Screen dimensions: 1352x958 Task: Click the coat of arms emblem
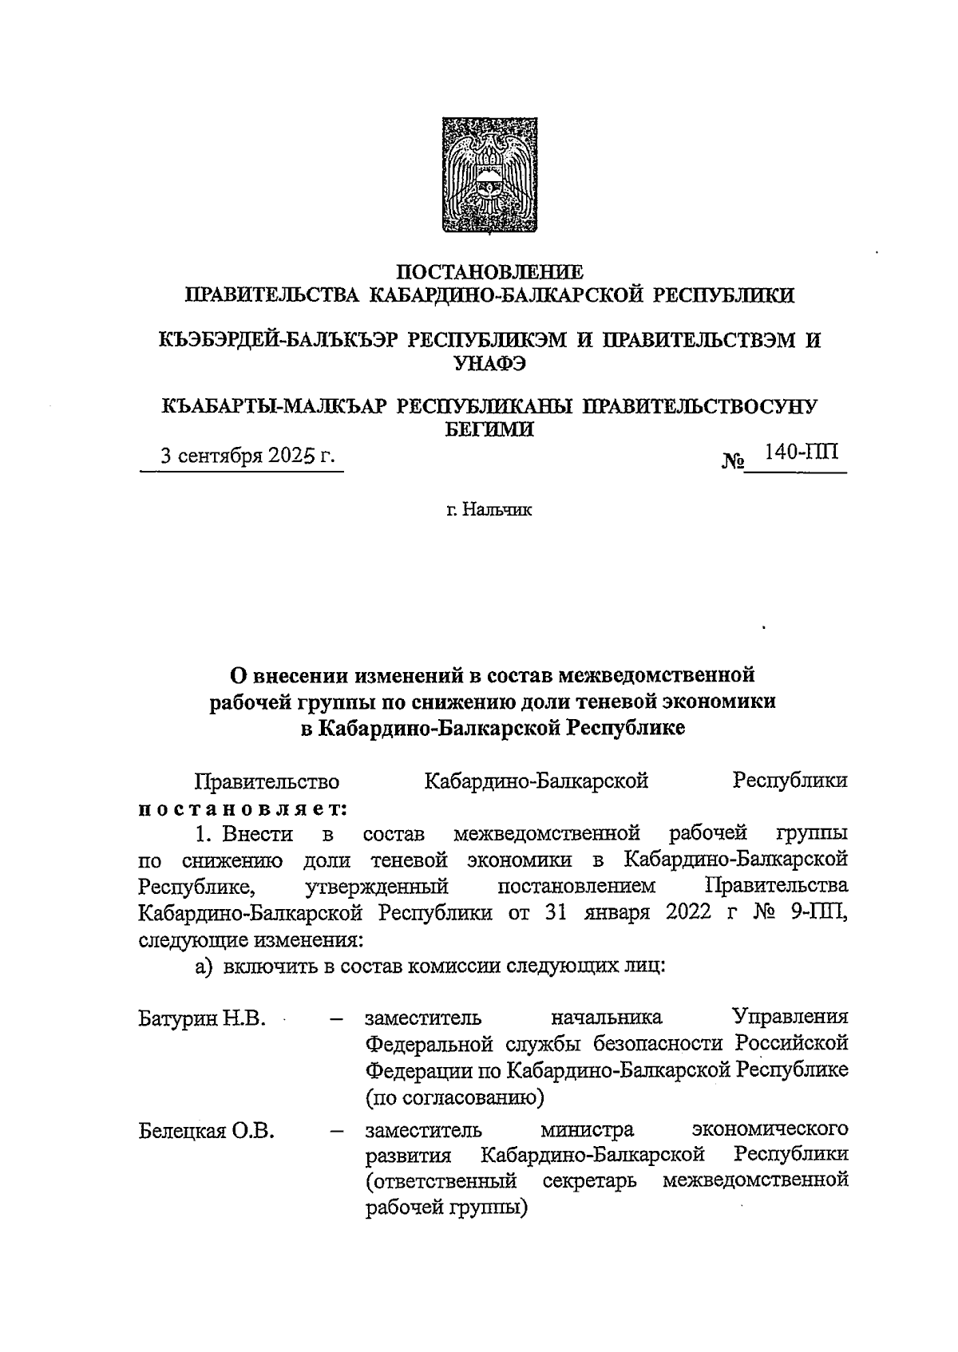pyautogui.click(x=480, y=176)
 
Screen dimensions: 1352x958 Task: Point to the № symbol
pyautogui.click(x=734, y=461)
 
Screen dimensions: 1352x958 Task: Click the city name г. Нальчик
pyautogui.click(x=489, y=509)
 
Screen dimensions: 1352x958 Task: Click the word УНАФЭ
pyautogui.click(x=489, y=363)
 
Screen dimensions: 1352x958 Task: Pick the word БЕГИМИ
pyautogui.click(x=489, y=429)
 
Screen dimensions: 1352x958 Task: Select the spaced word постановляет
pyautogui.click(x=243, y=808)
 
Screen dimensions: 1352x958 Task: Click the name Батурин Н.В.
pyautogui.click(x=202, y=1019)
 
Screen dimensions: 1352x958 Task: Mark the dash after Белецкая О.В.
pyautogui.click(x=336, y=1131)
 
